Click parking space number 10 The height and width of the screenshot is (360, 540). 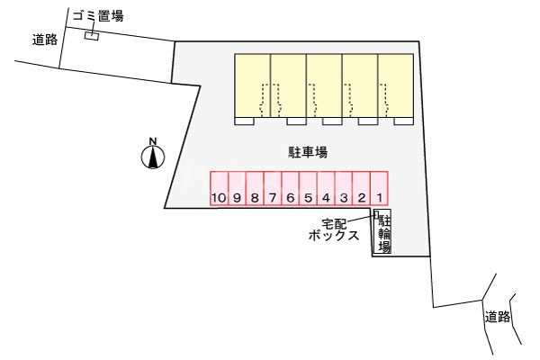[220, 188]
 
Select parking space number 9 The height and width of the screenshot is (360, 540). [237, 188]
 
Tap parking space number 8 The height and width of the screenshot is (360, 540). [255, 188]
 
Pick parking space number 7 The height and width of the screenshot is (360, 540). [273, 188]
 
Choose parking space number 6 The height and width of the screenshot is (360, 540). [291, 188]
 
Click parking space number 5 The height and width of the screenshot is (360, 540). [308, 188]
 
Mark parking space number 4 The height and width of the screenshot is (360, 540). [326, 188]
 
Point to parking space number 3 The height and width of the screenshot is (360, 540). [344, 188]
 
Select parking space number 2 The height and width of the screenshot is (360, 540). [362, 188]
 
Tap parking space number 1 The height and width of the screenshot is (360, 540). [380, 188]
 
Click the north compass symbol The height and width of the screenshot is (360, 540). [153, 154]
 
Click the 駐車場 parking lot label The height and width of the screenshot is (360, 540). [308, 152]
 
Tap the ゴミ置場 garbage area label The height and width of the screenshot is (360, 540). [98, 16]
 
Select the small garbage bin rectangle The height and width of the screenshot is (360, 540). [92, 36]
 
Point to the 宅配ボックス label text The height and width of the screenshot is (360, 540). [334, 229]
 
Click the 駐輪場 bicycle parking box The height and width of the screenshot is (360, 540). [382, 231]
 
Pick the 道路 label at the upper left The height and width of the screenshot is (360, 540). [45, 40]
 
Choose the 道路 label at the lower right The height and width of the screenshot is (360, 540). [498, 316]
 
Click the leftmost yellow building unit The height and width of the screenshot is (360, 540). [252, 85]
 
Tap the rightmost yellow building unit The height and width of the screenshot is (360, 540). [396, 85]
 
